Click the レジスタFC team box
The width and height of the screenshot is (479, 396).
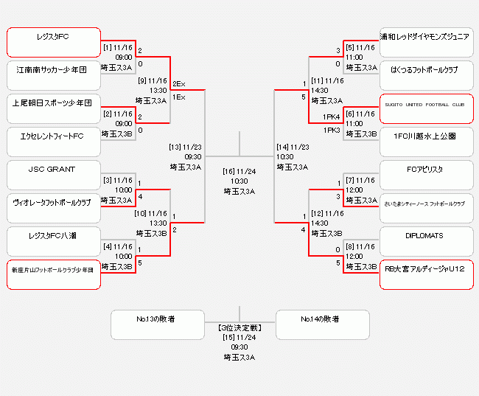point(53,43)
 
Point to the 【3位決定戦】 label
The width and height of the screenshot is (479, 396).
point(239,326)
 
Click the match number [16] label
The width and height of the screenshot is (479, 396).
point(228,171)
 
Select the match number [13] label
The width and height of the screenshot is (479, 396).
point(175,147)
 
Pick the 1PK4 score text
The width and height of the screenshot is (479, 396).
point(331,117)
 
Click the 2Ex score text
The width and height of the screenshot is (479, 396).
point(179,85)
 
